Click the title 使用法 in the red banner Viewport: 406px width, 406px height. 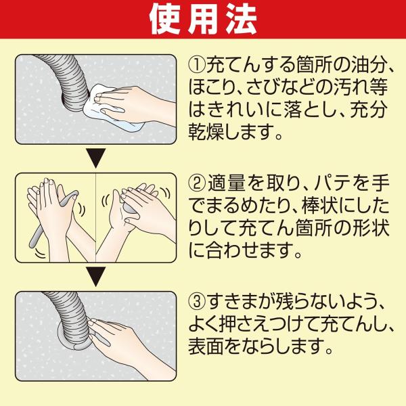pos(203,19)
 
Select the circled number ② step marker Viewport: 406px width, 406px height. pos(198,183)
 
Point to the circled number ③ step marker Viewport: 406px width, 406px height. pos(198,301)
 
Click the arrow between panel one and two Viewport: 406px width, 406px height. pos(96,158)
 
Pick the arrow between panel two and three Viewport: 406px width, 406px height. pos(96,277)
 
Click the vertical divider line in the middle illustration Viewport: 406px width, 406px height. pos(96,217)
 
